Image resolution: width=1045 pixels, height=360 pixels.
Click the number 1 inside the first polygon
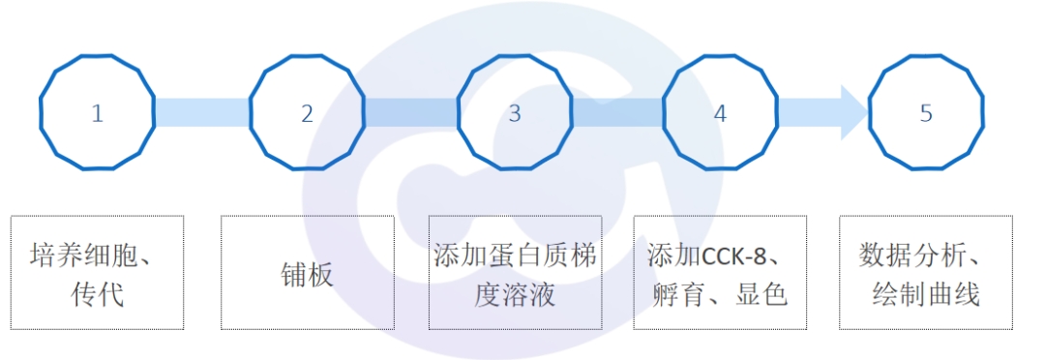[x=97, y=113]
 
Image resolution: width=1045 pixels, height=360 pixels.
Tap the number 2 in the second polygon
[x=307, y=113]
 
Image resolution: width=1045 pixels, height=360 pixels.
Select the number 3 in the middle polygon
[x=515, y=113]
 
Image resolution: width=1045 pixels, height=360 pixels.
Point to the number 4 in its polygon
[x=720, y=113]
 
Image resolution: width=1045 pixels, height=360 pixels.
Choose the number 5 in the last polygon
[x=926, y=113]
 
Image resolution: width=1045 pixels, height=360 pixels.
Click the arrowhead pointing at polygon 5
[x=853, y=113]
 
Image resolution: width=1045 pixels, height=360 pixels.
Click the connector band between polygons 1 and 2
[x=202, y=113]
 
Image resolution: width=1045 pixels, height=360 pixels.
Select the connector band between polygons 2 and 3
[x=411, y=113]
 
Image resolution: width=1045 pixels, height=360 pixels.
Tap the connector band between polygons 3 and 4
[x=617, y=113]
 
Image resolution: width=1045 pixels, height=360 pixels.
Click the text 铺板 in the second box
[x=308, y=274]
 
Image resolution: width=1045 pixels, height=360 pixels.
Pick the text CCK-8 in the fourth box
[x=738, y=257]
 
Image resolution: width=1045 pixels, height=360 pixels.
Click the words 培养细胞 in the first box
[x=84, y=257]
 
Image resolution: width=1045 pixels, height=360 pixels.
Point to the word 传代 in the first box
[x=98, y=293]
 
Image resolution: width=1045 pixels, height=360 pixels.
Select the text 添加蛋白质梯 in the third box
[x=515, y=257]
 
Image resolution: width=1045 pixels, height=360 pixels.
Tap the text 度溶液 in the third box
[x=515, y=293]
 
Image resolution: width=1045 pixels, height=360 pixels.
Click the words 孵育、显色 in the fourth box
[x=719, y=293]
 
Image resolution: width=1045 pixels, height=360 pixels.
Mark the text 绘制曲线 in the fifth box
[x=926, y=293]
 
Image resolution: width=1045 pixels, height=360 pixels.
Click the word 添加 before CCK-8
[x=674, y=257]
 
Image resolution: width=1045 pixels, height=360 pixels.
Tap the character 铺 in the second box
[x=294, y=274]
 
